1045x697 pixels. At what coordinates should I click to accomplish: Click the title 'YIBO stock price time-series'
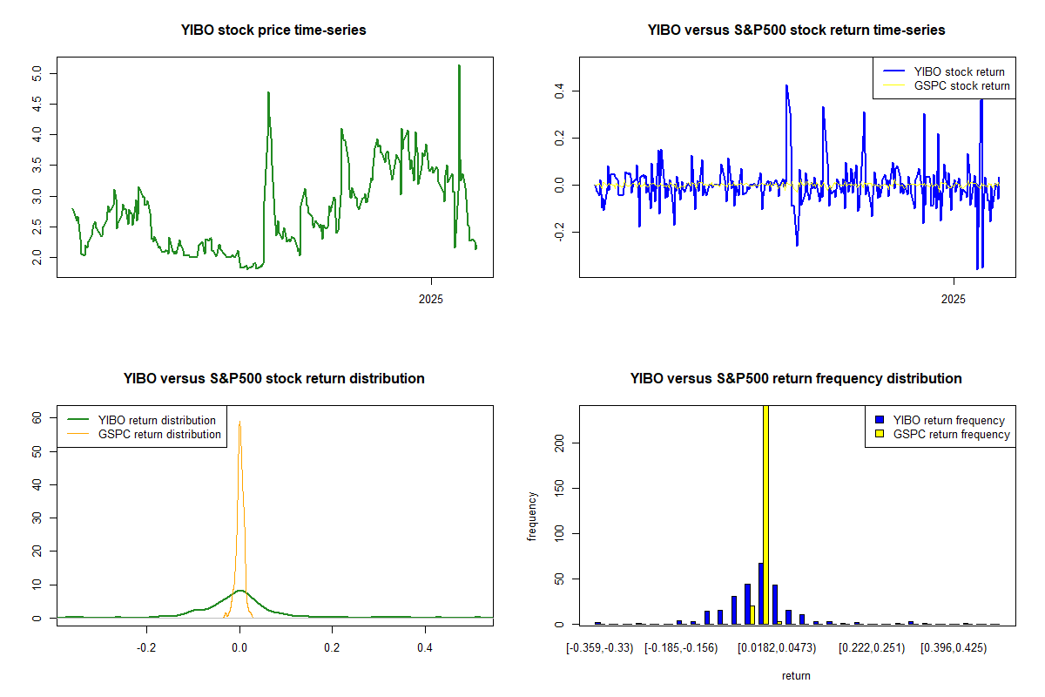pyautogui.click(x=273, y=30)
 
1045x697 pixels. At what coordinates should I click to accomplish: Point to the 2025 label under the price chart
pyautogui.click(x=431, y=300)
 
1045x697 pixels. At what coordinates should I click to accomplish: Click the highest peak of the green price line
pyautogui.click(x=459, y=65)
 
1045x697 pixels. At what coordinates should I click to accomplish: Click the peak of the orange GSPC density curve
pyautogui.click(x=239, y=423)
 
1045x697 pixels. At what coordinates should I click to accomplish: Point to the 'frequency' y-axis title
pyautogui.click(x=532, y=517)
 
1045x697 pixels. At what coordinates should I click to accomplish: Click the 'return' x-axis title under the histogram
pyautogui.click(x=796, y=675)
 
